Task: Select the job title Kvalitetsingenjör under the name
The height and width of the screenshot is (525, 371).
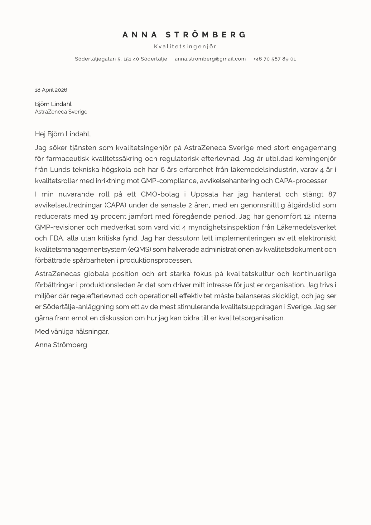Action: [185, 46]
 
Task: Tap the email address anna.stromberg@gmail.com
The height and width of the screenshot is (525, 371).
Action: [210, 59]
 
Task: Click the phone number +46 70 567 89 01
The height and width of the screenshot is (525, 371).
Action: [274, 59]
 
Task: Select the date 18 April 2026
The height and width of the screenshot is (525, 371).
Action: [51, 90]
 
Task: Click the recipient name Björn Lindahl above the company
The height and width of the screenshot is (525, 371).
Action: [53, 104]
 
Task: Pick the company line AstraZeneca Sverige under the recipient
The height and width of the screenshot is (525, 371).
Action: [61, 112]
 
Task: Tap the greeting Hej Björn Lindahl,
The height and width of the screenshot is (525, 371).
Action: [63, 134]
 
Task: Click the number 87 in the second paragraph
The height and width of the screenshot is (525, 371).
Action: [332, 194]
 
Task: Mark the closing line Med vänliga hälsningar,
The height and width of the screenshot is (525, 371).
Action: [72, 331]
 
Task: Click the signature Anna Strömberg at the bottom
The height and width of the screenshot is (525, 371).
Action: [61, 345]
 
